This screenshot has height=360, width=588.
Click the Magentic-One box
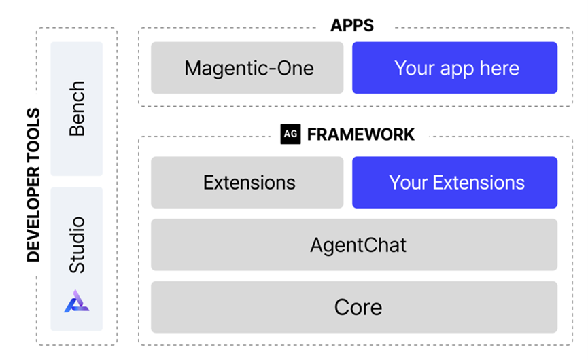[x=247, y=68]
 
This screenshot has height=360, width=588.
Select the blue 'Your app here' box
[x=454, y=68]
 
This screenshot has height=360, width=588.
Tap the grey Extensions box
[x=247, y=183]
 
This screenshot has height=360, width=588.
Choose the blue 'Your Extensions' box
[x=454, y=183]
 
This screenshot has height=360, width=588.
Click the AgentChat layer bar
[x=353, y=245]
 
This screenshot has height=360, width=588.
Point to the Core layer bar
[x=353, y=307]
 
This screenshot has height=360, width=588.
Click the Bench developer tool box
[x=77, y=109]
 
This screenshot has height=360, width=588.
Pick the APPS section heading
[x=352, y=26]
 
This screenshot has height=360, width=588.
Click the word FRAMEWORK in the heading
[x=360, y=134]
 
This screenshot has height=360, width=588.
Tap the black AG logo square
[x=290, y=134]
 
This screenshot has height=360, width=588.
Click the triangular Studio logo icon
[x=77, y=301]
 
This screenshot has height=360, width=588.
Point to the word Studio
[x=77, y=245]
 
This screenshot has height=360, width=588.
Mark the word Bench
[x=77, y=109]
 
